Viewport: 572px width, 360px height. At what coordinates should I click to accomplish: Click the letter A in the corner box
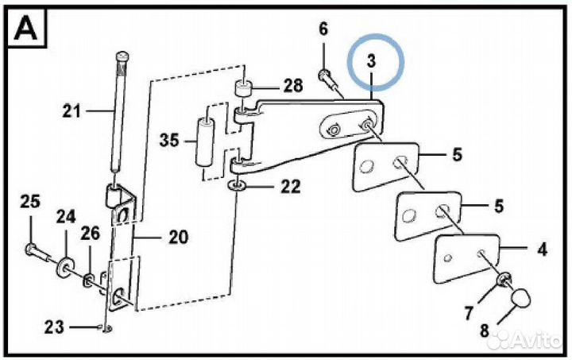[x=25, y=29]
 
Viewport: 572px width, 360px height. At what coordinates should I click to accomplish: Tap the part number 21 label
[x=71, y=110]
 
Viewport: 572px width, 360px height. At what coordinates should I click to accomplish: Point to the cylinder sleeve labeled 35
[x=205, y=142]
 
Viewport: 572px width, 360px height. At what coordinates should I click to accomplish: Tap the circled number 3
[x=371, y=60]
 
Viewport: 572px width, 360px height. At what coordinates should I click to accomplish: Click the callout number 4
[x=543, y=250]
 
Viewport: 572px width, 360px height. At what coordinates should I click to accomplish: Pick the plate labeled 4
[x=466, y=258]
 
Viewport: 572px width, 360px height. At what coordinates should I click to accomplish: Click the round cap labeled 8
[x=520, y=297]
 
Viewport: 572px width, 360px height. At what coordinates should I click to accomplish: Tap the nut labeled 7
[x=504, y=280]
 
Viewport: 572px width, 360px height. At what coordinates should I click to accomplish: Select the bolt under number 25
[x=37, y=253]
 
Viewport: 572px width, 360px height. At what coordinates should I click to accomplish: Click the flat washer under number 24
[x=65, y=268]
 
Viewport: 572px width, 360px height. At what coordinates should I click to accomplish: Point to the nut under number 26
[x=89, y=281]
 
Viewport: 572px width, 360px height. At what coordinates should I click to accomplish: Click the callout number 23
[x=54, y=327]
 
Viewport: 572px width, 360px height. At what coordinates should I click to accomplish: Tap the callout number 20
[x=179, y=237]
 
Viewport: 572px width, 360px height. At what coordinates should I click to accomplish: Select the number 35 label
[x=170, y=140]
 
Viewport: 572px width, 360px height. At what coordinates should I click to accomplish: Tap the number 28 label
[x=293, y=85]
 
